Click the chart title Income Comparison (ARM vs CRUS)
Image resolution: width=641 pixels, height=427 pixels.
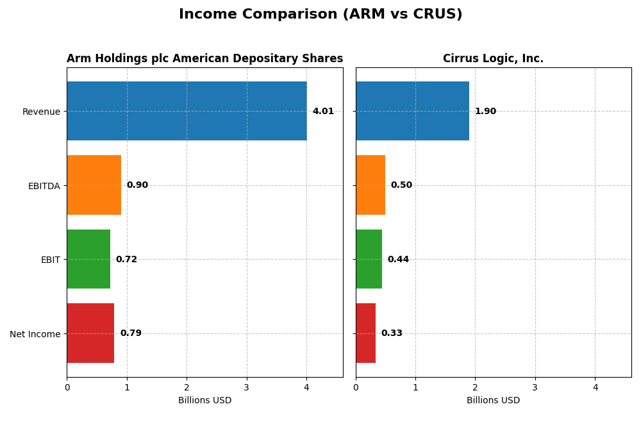coord(320,14)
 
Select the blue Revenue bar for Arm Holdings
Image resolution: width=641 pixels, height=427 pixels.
coord(187,111)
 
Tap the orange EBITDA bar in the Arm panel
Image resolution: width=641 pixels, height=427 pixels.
coord(94,185)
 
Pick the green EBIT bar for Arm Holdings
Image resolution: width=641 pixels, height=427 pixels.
coord(88,259)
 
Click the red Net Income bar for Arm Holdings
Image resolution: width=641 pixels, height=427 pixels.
coord(90,333)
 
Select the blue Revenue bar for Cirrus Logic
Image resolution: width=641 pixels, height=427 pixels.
coord(412,111)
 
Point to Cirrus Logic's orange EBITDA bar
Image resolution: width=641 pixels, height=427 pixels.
coord(370,185)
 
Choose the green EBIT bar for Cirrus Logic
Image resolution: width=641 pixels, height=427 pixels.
coord(369,259)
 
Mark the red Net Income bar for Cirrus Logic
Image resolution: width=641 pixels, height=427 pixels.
coord(365,333)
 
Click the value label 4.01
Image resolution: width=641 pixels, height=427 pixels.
coord(323,112)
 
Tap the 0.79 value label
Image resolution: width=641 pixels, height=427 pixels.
coord(131,333)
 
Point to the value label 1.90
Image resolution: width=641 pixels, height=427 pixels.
coord(485,112)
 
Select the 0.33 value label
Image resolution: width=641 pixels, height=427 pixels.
coord(392,333)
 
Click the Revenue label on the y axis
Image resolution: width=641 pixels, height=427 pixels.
coord(41,112)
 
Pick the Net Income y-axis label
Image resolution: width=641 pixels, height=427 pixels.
coord(35,334)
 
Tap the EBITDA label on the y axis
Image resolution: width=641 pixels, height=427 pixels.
coord(44,186)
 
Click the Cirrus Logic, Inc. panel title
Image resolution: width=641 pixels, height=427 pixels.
coord(493,59)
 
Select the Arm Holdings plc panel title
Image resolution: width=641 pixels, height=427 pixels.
coord(204,59)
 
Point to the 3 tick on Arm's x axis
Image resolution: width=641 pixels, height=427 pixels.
coord(247,387)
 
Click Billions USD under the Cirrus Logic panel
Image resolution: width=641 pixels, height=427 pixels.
coord(493,401)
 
